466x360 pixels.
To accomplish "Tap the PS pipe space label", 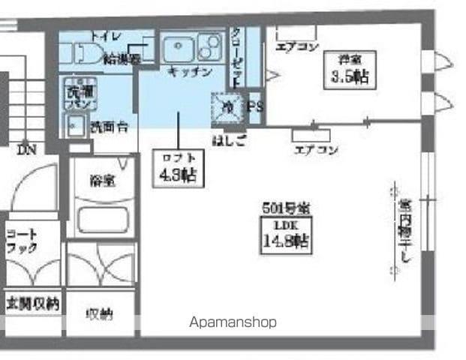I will point(255,106).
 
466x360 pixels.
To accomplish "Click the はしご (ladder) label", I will point(228,139).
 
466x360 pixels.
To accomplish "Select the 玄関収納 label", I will point(32,304).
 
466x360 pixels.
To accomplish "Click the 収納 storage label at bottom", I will point(99,314).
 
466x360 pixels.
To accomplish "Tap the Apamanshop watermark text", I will point(233,322).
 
